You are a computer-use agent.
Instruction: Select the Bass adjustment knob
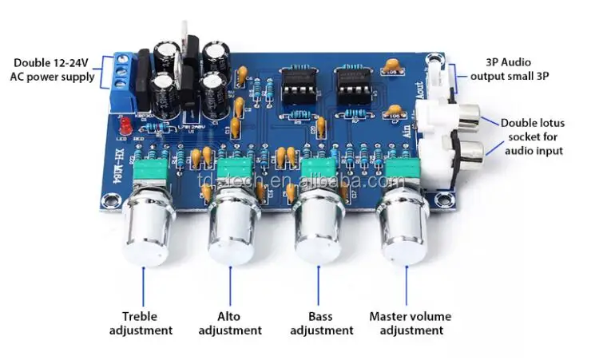[317, 228]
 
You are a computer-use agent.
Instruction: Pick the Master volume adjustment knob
[403, 228]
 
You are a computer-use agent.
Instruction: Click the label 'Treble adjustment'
[146, 323]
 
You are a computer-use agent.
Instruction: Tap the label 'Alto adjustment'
[229, 323]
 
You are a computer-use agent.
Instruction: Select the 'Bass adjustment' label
[321, 323]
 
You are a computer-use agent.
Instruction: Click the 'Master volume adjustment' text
[407, 323]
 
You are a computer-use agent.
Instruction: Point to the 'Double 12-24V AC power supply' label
[52, 69]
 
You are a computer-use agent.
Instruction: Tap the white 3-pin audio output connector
[436, 77]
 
